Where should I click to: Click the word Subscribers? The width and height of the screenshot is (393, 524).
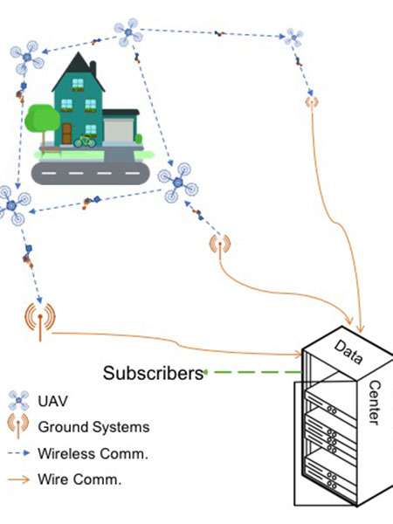pos(153,374)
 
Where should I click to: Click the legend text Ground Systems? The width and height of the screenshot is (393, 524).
pos(93,428)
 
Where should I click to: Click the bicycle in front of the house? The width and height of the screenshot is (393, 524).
pos(84,139)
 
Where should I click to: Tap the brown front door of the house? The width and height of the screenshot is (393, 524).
pos(66,133)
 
